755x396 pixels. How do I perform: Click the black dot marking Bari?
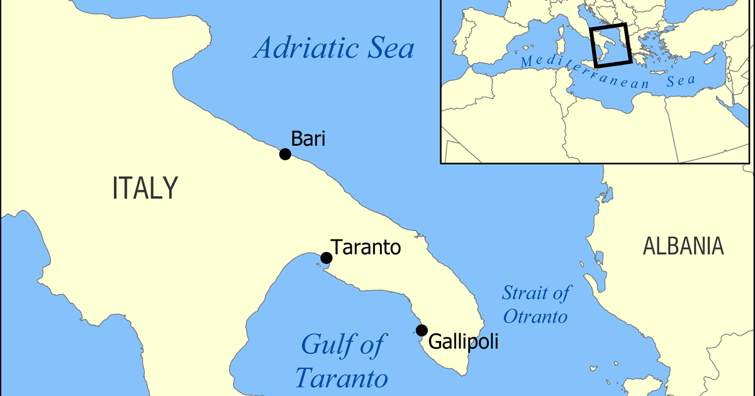[285, 154]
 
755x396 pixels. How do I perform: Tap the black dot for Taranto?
[326, 258]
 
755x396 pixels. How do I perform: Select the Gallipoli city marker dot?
[422, 330]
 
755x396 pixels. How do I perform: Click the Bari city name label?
[308, 139]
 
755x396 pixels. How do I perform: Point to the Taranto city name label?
[366, 247]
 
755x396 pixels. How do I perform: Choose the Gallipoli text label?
[463, 342]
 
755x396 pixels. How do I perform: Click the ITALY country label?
[145, 188]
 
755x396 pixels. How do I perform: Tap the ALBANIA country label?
[683, 246]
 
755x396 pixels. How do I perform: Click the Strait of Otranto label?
[536, 304]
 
